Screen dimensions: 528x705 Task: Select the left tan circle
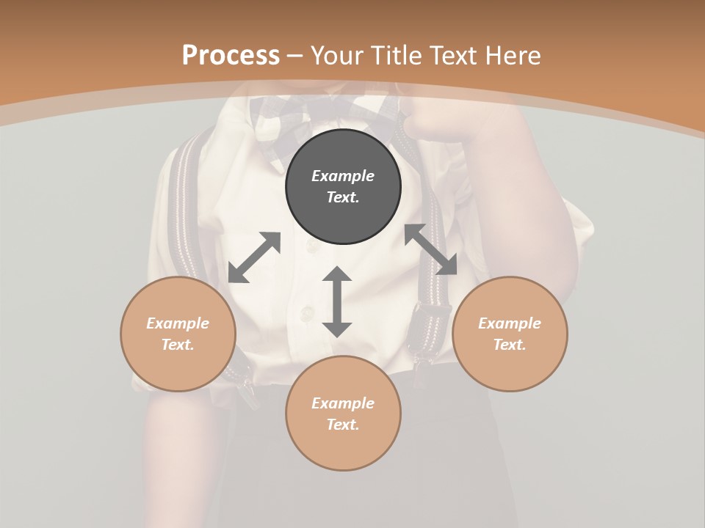(178, 334)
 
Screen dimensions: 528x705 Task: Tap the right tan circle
(510, 334)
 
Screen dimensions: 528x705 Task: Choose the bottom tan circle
(343, 413)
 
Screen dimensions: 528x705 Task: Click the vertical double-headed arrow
(337, 301)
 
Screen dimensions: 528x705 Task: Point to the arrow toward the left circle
(254, 257)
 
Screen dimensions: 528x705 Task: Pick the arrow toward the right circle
(431, 249)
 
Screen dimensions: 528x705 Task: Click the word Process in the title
(231, 55)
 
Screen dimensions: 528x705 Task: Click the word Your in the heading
(336, 55)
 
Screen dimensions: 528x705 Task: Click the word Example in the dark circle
(343, 176)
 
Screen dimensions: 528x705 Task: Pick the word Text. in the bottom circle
(343, 425)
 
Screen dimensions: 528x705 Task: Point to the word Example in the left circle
(178, 323)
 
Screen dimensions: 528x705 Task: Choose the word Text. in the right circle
(510, 345)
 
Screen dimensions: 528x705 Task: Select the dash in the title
(295, 56)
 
